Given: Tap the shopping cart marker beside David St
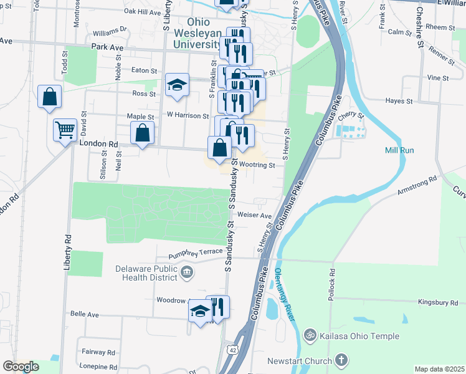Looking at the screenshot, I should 65,130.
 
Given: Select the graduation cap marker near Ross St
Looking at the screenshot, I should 178,85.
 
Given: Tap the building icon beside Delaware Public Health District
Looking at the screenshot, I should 187,272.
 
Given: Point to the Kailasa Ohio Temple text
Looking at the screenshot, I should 359,336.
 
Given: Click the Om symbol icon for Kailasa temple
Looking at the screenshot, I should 310,336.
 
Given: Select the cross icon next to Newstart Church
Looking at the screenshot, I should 341,360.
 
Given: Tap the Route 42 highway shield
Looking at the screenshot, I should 231,350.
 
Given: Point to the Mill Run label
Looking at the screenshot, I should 399,150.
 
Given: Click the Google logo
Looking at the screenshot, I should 21,367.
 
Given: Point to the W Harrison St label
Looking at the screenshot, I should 188,115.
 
